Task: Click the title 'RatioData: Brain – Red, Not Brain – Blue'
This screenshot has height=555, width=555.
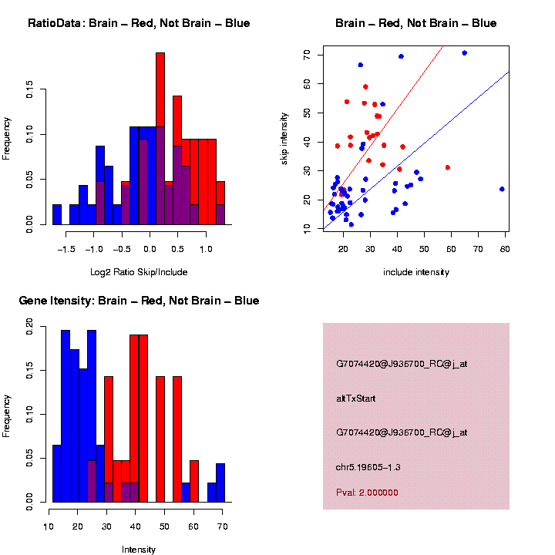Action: click(139, 23)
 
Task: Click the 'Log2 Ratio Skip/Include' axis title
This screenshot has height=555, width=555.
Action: click(138, 271)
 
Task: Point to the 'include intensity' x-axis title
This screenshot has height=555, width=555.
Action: click(416, 271)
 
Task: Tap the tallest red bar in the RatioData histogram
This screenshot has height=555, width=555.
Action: click(160, 139)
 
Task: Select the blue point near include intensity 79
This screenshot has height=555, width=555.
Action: click(502, 189)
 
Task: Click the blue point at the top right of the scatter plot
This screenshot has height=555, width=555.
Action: click(464, 53)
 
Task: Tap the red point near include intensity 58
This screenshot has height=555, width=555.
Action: click(448, 167)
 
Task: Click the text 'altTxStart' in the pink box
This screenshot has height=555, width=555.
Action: click(355, 399)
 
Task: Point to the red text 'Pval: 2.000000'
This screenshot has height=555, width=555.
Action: click(367, 492)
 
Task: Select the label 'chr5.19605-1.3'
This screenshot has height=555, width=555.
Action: click(368, 467)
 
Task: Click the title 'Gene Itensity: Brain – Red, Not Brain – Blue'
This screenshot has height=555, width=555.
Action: click(139, 301)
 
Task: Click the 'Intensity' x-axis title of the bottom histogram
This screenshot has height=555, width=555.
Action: click(139, 550)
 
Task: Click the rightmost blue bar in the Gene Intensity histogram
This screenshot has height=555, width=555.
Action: click(220, 483)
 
